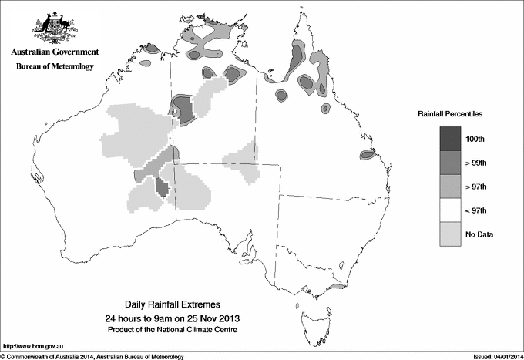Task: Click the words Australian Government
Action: (x=54, y=52)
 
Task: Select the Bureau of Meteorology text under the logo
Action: (x=54, y=67)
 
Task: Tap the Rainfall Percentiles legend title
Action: (x=450, y=113)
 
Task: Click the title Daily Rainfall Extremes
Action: (x=171, y=304)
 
